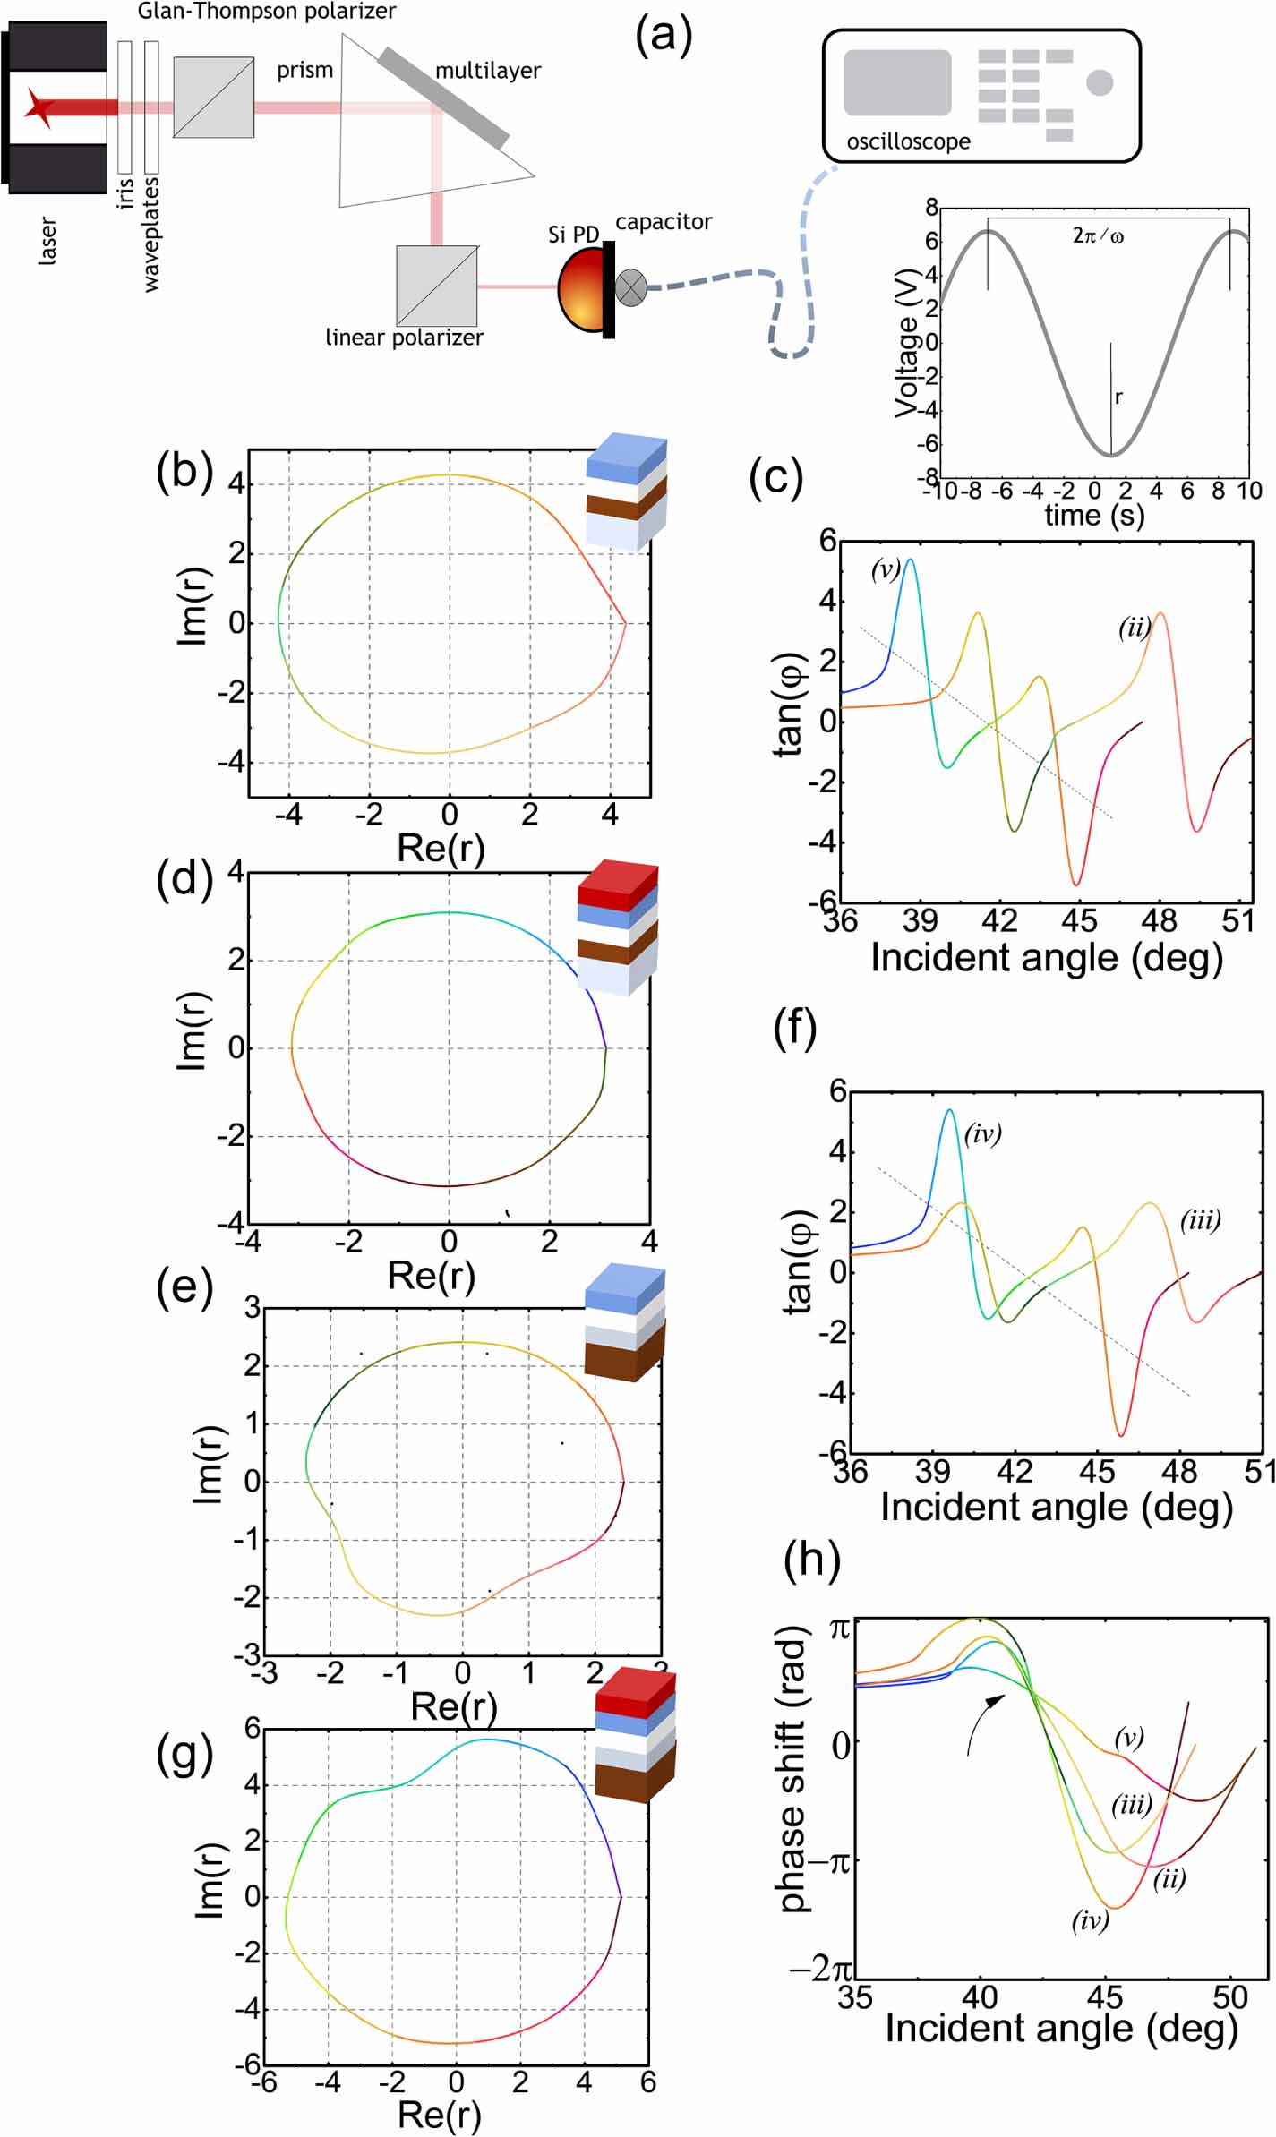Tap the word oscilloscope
(x=908, y=141)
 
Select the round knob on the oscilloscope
(x=1100, y=82)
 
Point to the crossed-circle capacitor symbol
(x=631, y=287)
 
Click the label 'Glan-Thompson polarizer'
(x=267, y=12)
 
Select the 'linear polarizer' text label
(x=404, y=338)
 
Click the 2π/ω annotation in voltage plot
(x=1098, y=236)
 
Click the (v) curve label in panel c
(x=886, y=570)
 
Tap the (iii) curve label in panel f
(x=1200, y=1220)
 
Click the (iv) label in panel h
(x=1090, y=1920)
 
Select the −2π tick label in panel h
(x=820, y=1970)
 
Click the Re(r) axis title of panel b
(x=441, y=848)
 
